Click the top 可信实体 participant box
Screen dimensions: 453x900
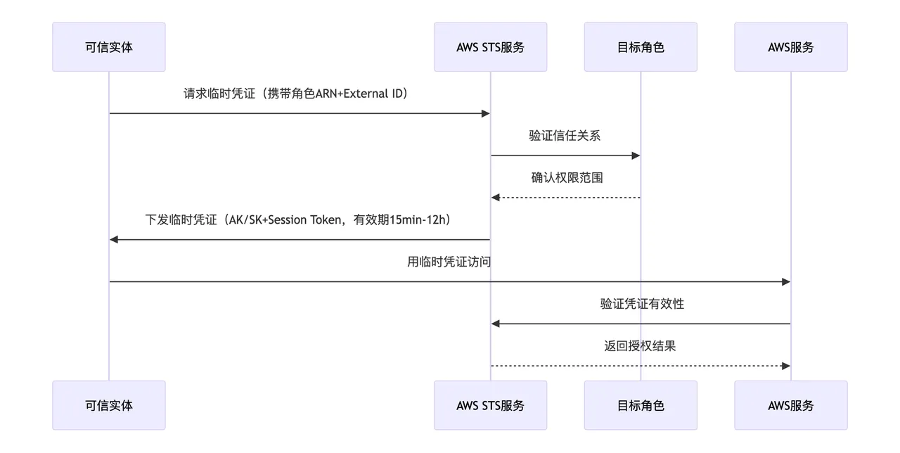[x=109, y=47]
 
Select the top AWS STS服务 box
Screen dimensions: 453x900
[x=490, y=47]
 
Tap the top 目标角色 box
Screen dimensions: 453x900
[x=641, y=47]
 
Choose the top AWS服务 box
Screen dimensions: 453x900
[x=791, y=47]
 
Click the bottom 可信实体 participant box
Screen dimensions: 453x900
[x=109, y=405]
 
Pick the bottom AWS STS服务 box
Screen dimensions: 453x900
[x=490, y=405]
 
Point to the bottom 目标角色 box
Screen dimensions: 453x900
[x=641, y=405]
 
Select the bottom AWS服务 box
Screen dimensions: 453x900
[x=791, y=405]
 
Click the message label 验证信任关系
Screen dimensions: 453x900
[x=565, y=136]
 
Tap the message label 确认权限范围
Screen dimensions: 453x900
[x=567, y=177]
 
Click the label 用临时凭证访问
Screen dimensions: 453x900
[x=449, y=262]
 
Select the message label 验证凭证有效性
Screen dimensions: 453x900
[x=642, y=304]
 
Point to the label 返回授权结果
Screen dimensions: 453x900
[x=640, y=346]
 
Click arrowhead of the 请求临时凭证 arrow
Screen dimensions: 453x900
[x=485, y=113]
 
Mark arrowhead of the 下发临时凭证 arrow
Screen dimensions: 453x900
[x=115, y=240]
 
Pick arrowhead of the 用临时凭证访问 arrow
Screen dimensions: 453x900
[x=786, y=282]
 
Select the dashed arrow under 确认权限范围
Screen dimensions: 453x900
[x=566, y=198]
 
